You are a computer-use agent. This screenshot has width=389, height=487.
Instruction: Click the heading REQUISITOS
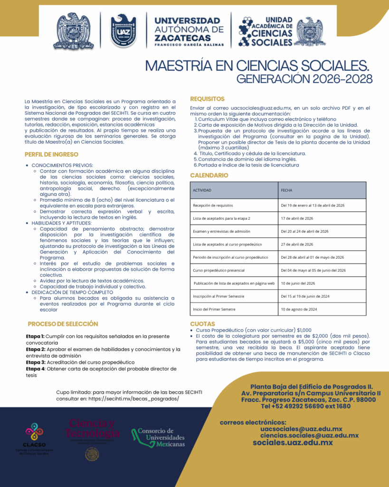point(207,99)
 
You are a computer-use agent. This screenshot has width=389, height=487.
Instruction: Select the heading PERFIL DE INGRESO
point(51,154)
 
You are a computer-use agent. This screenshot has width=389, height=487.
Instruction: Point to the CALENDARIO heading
point(209,175)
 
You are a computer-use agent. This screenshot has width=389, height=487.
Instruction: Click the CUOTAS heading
point(202,324)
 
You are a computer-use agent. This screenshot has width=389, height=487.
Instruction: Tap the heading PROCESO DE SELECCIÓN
point(63,324)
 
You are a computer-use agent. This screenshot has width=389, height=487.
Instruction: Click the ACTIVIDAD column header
point(202,190)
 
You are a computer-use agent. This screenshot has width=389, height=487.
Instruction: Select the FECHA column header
point(286,190)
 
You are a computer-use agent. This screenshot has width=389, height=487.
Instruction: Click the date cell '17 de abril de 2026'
point(297,218)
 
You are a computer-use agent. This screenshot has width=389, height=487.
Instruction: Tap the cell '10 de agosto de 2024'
point(299,309)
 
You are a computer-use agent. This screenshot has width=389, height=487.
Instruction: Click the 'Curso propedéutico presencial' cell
point(218,270)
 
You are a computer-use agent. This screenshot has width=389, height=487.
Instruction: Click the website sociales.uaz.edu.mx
point(293,442)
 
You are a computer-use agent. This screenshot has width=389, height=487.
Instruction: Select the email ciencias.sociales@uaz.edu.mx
point(309,435)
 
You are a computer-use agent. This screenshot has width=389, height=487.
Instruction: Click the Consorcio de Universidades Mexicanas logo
point(158,437)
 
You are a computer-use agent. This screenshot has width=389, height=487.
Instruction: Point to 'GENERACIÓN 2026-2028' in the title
point(304,78)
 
